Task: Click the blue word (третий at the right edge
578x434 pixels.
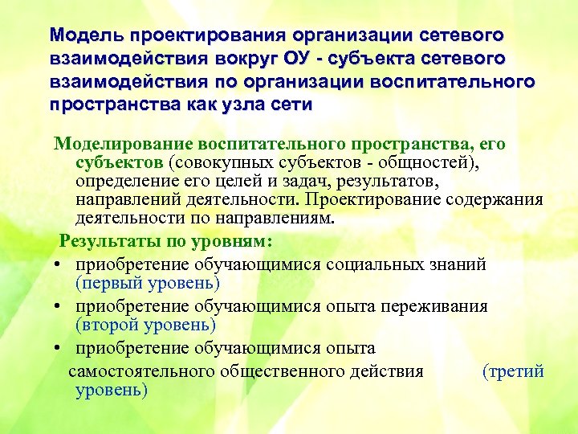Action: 513,371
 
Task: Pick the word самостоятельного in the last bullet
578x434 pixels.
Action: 141,371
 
